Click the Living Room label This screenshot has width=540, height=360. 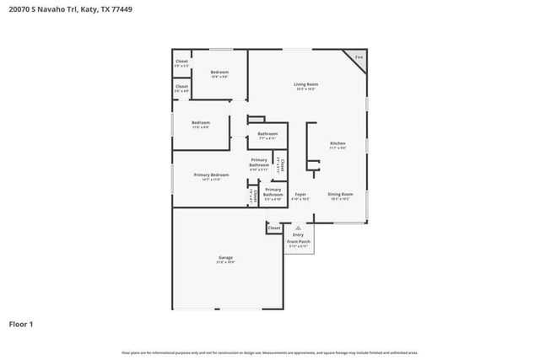(x=305, y=84)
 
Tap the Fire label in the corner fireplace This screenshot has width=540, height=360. (x=358, y=57)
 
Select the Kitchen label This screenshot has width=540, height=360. (x=337, y=143)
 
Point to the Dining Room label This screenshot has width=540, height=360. (x=341, y=194)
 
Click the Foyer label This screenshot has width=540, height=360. (x=300, y=194)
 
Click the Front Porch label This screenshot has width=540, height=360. (x=299, y=242)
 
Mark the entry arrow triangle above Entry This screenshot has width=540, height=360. (x=298, y=228)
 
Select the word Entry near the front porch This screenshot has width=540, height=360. (x=299, y=236)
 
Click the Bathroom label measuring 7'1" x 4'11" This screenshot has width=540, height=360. (x=267, y=133)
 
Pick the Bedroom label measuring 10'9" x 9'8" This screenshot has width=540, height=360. (x=219, y=73)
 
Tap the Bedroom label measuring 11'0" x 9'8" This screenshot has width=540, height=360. (x=200, y=122)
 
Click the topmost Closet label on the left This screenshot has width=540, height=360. (x=181, y=61)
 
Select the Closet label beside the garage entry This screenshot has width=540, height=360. (x=274, y=228)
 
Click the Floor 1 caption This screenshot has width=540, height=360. (x=22, y=323)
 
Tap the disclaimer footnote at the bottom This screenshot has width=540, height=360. (x=269, y=352)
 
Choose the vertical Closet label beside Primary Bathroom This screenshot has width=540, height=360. (x=282, y=165)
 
